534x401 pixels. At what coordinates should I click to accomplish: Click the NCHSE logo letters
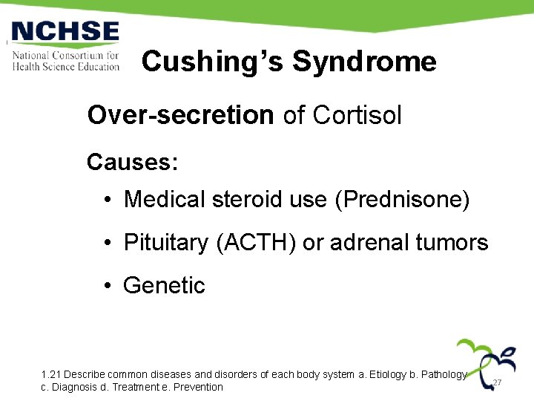coord(65,33)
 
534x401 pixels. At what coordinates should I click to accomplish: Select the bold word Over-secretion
coord(180,115)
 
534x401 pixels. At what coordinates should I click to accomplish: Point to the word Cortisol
coord(357,115)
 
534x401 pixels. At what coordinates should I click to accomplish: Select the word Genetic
coord(164,285)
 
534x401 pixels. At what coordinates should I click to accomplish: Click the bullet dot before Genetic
coord(108,286)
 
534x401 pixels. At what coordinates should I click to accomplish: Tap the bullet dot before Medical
coord(108,199)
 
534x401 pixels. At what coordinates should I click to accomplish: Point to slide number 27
coord(498,382)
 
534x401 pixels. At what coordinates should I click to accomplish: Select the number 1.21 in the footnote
coord(52,375)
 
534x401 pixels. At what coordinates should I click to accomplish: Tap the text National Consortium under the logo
coord(65,56)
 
